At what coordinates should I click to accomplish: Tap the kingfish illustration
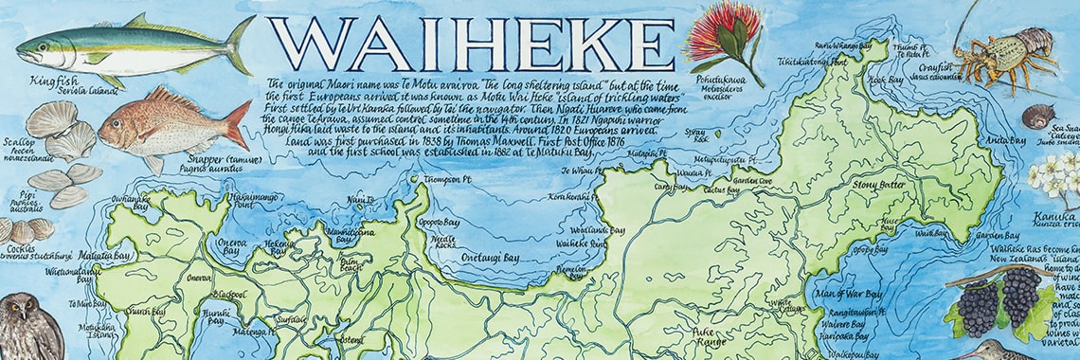point(133,47)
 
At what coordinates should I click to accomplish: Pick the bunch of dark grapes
point(999,301)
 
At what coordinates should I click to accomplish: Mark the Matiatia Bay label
point(105,255)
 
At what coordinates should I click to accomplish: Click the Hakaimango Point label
point(227,200)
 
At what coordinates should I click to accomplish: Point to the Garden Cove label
point(752,181)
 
